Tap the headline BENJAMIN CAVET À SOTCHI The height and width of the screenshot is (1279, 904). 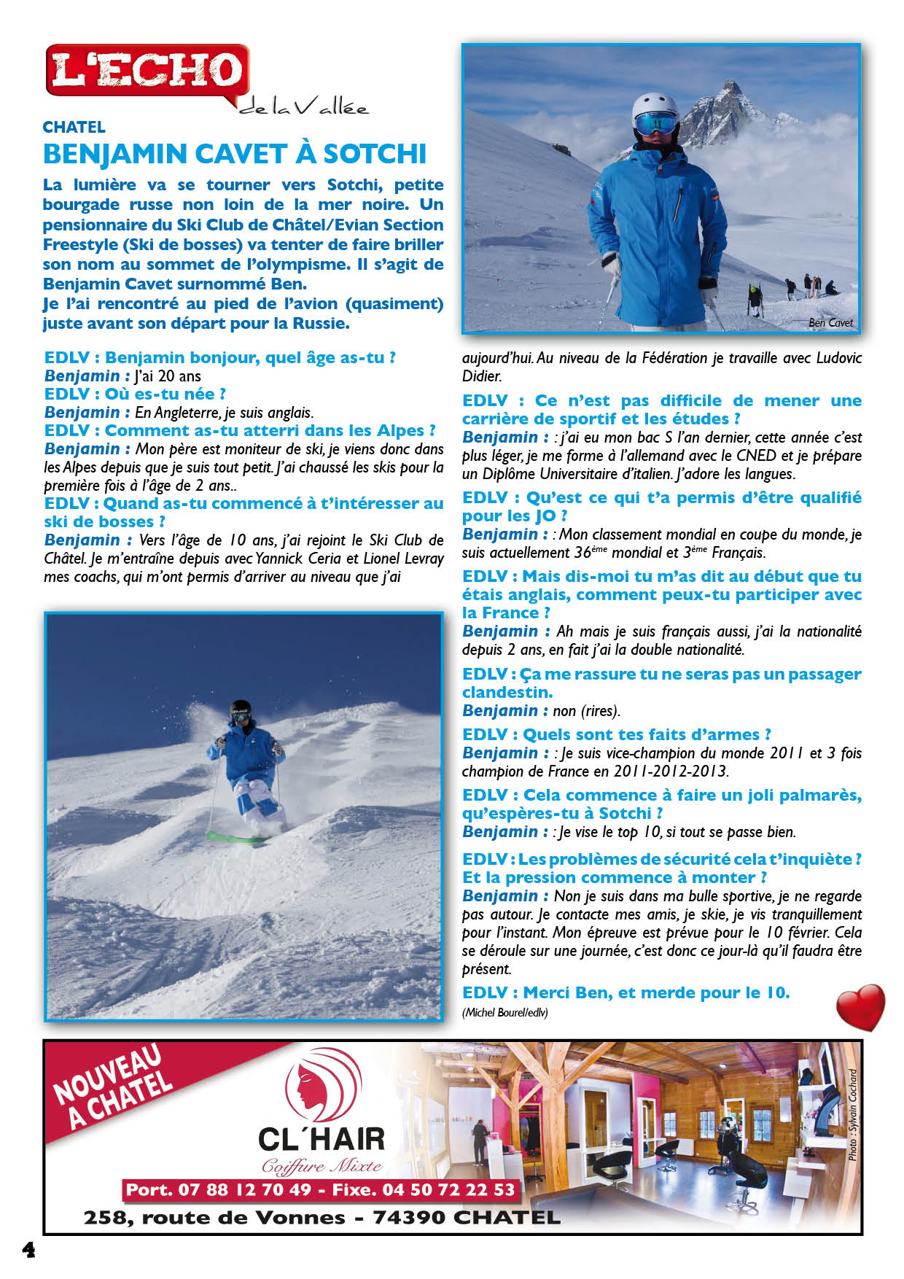[234, 154]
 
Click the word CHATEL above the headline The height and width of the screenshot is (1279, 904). [74, 127]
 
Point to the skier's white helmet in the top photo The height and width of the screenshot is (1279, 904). [653, 106]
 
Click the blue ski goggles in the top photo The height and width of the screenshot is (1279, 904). [655, 123]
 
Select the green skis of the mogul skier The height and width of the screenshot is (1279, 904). [237, 838]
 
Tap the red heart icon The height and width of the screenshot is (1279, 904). [860, 1007]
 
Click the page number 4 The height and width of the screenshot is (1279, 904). [28, 1250]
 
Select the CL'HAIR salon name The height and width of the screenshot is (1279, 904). [321, 1138]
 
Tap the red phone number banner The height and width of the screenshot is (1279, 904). [321, 1190]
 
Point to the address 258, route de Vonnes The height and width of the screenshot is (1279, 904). [214, 1217]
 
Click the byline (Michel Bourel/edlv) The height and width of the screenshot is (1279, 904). [504, 1012]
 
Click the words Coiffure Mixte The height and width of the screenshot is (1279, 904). [321, 1166]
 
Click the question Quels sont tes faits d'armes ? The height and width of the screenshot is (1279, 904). [616, 734]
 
